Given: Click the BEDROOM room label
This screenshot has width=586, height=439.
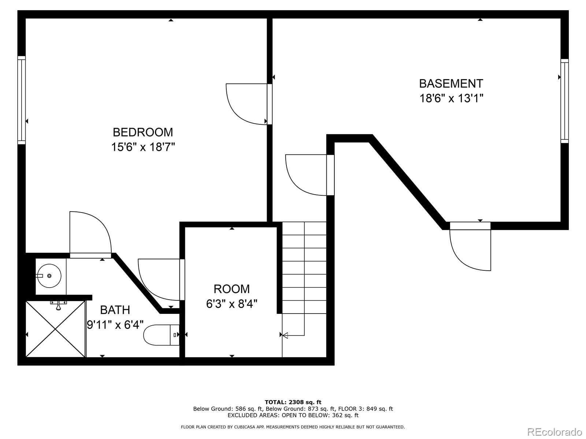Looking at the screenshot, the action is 143,132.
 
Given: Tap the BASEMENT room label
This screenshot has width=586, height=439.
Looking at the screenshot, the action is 451,83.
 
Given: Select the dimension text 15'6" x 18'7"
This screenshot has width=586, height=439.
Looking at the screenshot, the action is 143,147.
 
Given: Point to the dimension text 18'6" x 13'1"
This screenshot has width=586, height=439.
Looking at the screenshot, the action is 452,98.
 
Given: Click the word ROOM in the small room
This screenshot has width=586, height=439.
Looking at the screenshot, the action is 231,289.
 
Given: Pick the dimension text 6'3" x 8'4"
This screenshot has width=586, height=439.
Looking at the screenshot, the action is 231,304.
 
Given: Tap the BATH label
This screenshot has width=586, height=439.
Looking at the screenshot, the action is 115,310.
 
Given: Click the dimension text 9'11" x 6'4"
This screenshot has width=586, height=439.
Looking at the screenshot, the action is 115,324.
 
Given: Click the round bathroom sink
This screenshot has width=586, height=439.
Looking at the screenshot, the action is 49,276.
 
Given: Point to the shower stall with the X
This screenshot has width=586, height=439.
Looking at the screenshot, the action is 56,329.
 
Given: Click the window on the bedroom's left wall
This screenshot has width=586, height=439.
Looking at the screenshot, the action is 22,100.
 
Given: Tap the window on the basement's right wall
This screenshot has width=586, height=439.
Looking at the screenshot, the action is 564,101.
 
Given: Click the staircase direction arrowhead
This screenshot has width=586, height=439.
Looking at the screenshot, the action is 285,335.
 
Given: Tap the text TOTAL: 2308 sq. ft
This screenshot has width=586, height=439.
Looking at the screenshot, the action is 293,402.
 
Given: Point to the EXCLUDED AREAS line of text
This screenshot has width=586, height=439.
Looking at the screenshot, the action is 293,415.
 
